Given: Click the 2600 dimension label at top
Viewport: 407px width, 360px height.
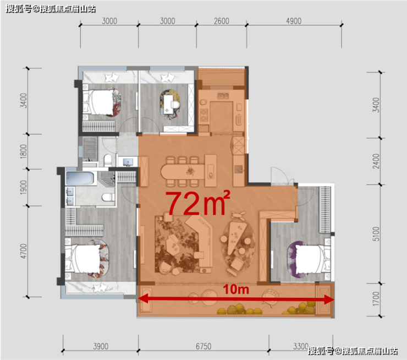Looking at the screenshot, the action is pyautogui.click(x=222, y=21).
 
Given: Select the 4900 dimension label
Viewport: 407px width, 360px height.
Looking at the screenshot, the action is pyautogui.click(x=294, y=21).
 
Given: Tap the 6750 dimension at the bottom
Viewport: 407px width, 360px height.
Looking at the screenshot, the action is pyautogui.click(x=204, y=346).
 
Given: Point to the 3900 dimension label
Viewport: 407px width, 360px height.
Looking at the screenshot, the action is pyautogui.click(x=101, y=346).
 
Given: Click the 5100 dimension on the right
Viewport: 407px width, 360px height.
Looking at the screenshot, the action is pyautogui.click(x=376, y=234).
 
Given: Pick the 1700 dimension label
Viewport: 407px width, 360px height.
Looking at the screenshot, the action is pyautogui.click(x=376, y=299).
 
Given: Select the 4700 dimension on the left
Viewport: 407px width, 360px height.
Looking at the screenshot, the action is pyautogui.click(x=23, y=251).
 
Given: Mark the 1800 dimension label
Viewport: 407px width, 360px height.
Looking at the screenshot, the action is pyautogui.click(x=23, y=151).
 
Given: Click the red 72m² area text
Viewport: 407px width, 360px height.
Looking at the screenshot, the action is pyautogui.click(x=198, y=204).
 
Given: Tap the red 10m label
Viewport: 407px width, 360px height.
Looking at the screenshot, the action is pyautogui.click(x=236, y=289).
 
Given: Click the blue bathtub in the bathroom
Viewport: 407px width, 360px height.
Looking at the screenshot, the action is pyautogui.click(x=79, y=178).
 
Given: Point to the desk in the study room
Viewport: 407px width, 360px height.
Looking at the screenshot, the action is pyautogui.click(x=168, y=105).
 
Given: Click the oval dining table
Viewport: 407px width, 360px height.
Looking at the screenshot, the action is pyautogui.click(x=183, y=171).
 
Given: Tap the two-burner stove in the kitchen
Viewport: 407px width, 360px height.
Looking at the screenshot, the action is pyautogui.click(x=204, y=116).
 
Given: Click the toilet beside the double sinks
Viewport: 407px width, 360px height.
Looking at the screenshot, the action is pyautogui.click(x=108, y=198).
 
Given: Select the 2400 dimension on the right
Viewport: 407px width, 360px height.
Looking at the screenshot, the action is pyautogui.click(x=376, y=161).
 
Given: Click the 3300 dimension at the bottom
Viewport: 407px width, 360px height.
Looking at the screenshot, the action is pyautogui.click(x=301, y=346).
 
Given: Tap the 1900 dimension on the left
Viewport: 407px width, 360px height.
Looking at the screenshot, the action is pyautogui.click(x=23, y=187).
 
